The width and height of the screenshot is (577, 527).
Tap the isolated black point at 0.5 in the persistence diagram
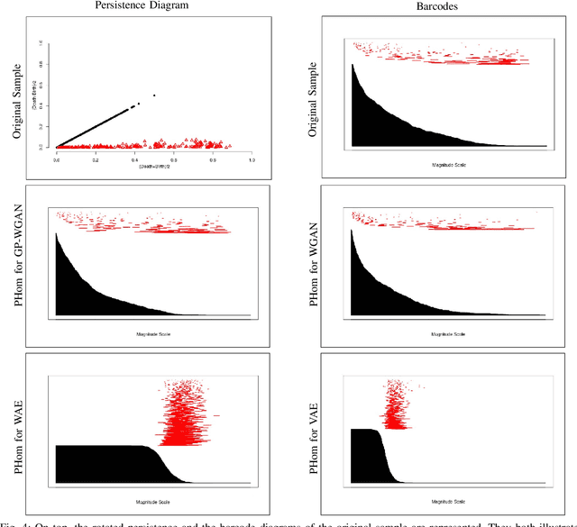pos(154,95)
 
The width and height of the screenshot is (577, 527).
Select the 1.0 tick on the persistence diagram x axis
pos(251,160)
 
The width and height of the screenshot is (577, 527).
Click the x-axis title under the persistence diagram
pos(153,168)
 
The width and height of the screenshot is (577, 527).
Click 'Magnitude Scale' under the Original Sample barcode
pos(448,164)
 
